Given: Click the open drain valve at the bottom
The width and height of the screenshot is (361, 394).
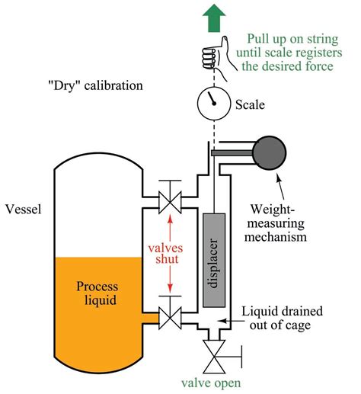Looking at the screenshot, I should coord(212,354).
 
